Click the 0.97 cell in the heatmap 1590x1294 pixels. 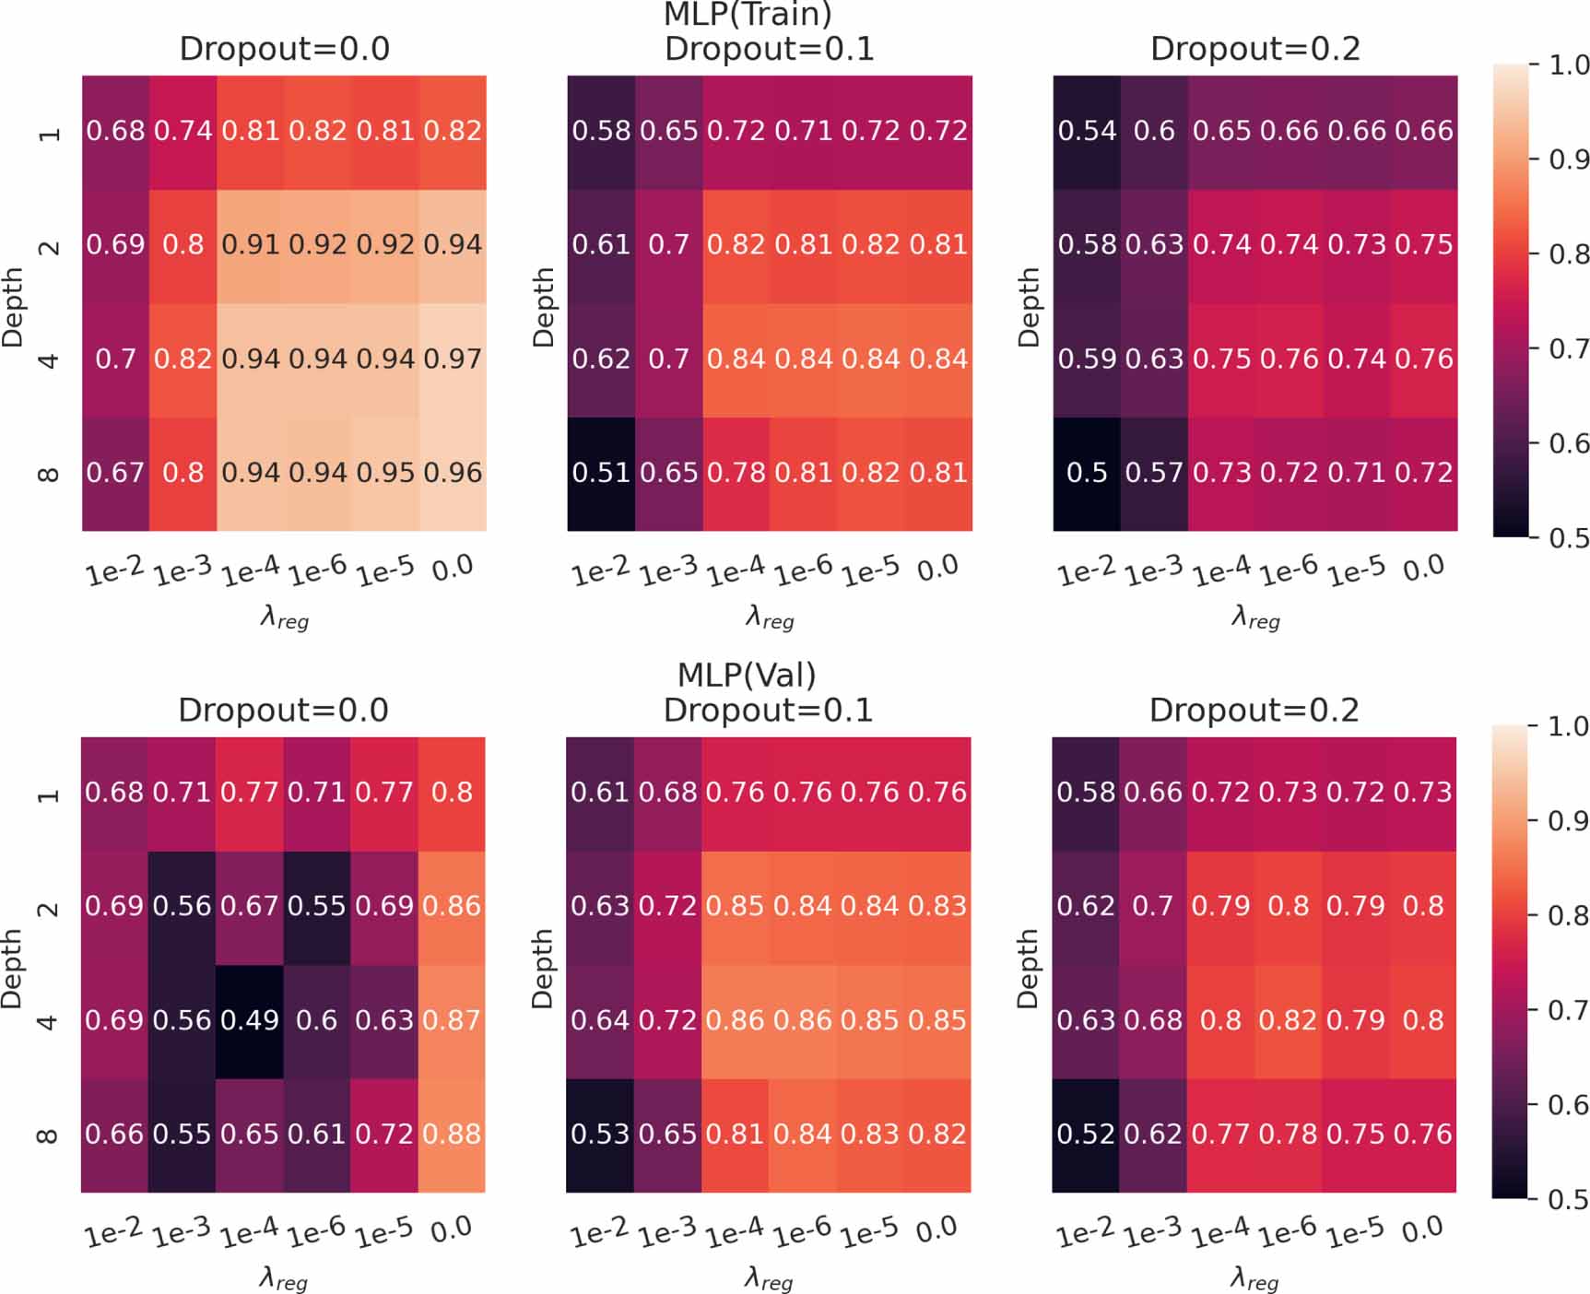(x=453, y=359)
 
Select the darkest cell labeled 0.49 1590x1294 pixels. (x=250, y=1020)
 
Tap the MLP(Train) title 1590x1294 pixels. (x=748, y=14)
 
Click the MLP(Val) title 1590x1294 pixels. (x=747, y=675)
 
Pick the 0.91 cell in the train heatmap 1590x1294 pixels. (x=250, y=244)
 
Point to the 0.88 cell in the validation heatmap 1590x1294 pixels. (x=452, y=1134)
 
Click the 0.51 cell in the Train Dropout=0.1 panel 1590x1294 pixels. (x=601, y=473)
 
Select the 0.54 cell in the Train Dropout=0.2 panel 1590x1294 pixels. (x=1087, y=131)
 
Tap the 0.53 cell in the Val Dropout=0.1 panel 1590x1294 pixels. (x=600, y=1134)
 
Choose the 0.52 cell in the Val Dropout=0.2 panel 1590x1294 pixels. (x=1086, y=1134)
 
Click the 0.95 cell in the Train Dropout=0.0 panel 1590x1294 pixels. (x=385, y=473)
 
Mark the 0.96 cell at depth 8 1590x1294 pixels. (x=453, y=473)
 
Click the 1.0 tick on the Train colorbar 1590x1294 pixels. (x=1568, y=65)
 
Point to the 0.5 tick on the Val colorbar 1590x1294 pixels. (x=1568, y=1199)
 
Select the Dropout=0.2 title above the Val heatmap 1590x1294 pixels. (x=1254, y=710)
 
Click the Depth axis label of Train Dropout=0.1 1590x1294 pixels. (x=544, y=306)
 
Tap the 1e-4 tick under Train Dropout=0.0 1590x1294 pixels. (x=250, y=571)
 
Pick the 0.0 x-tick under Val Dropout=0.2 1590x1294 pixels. (x=1421, y=1229)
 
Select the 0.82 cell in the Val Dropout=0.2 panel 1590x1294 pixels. (x=1288, y=1020)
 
